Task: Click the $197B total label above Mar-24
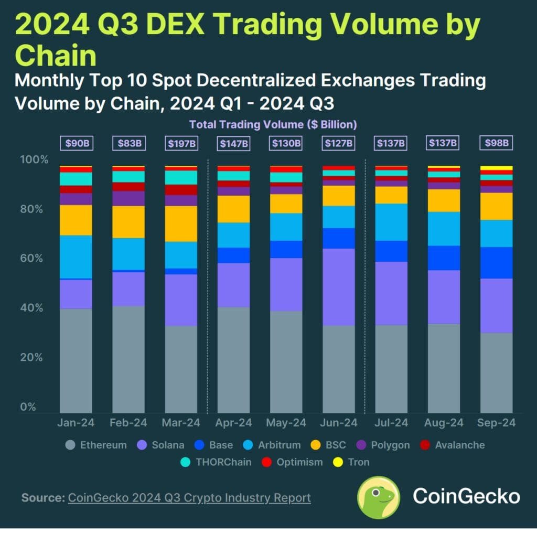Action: coord(181,143)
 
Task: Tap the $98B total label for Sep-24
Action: coord(496,143)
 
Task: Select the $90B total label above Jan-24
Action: coord(76,143)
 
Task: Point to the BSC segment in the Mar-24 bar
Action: coord(181,223)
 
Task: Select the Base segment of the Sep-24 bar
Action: coord(496,262)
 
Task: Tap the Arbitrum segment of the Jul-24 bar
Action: coord(391,222)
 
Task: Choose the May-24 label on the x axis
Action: coord(286,423)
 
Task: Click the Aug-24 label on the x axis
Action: coord(444,423)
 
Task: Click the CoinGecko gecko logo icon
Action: coord(378,497)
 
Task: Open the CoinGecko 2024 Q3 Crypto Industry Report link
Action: coord(189,497)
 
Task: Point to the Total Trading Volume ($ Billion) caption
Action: coord(273,125)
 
